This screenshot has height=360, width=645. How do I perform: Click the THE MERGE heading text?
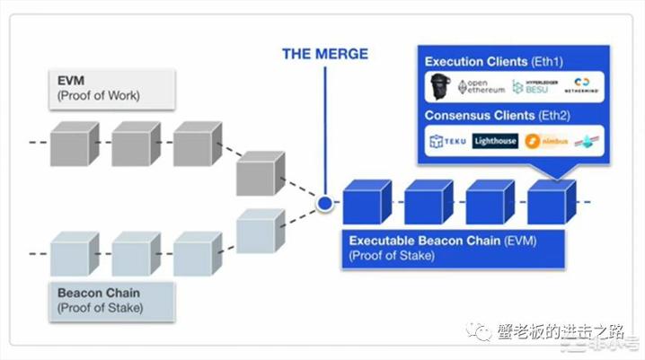(x=325, y=54)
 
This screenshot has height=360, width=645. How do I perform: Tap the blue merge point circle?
(x=324, y=205)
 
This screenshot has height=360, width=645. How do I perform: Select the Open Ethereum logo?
(x=482, y=87)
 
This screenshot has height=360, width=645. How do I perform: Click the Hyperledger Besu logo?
(x=531, y=87)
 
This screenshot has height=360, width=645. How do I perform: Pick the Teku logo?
(x=447, y=141)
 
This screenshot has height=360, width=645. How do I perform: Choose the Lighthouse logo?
(x=495, y=141)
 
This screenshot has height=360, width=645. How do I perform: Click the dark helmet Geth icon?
(x=440, y=86)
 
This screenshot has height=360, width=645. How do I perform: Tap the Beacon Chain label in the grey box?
(x=99, y=294)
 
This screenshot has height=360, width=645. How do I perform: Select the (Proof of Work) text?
(x=98, y=96)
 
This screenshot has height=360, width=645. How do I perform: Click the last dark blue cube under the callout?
(x=551, y=202)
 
